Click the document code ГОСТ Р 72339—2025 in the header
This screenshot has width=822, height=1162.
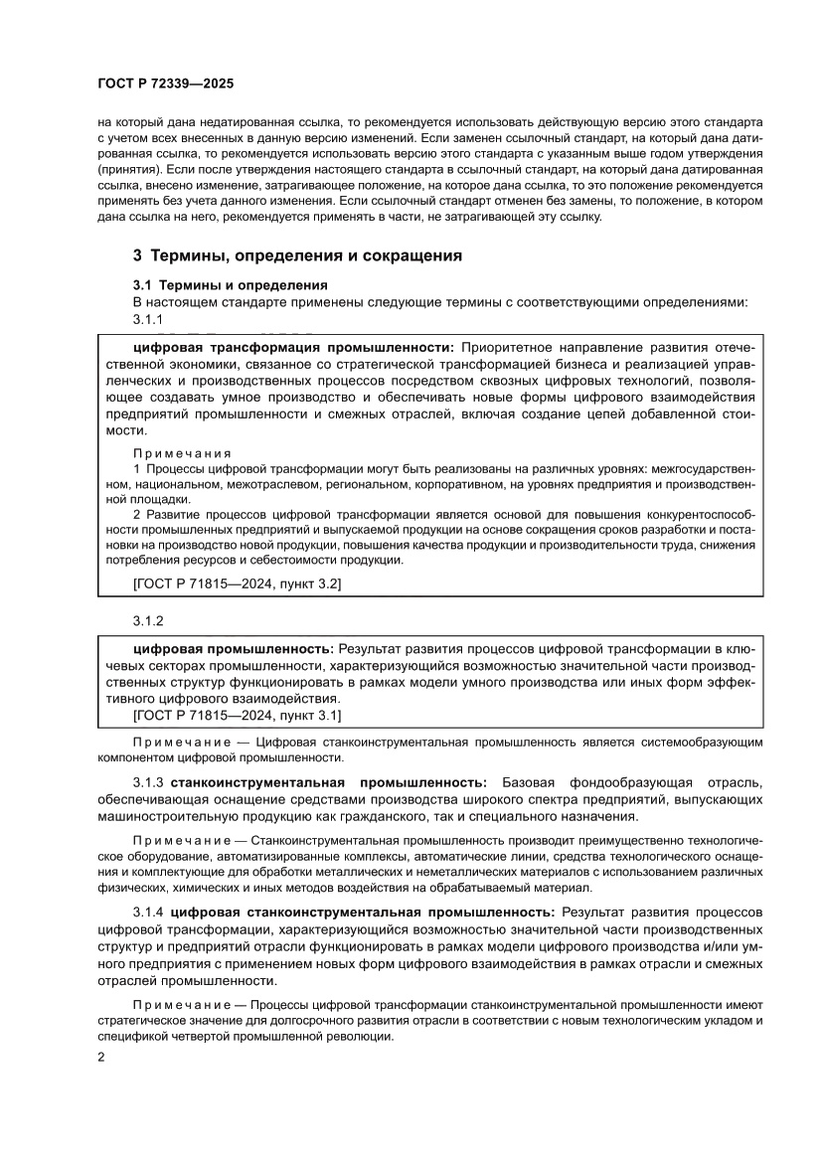tap(166, 84)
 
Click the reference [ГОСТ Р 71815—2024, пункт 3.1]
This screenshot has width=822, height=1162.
tap(237, 714)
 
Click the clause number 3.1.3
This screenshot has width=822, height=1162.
tap(148, 781)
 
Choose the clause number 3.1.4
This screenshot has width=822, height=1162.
tap(148, 912)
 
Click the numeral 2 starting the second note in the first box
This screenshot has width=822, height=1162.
tap(137, 515)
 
